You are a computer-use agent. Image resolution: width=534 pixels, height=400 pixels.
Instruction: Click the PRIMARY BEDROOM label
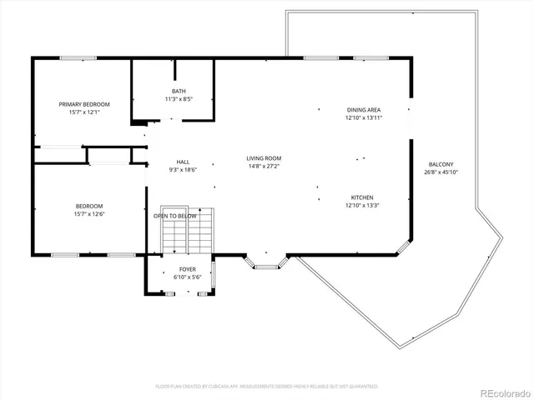(84, 104)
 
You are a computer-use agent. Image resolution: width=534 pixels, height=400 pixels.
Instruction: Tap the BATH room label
(179, 91)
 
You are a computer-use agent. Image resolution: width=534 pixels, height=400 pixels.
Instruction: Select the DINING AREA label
(363, 110)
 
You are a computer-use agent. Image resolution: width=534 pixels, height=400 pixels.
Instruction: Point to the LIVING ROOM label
(264, 158)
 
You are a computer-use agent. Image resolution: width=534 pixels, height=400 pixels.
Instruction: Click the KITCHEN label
(362, 197)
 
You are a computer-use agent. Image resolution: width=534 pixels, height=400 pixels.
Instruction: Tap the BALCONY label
(441, 164)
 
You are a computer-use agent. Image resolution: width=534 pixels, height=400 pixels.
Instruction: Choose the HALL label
(183, 162)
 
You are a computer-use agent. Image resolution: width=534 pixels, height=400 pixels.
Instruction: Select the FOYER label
(188, 269)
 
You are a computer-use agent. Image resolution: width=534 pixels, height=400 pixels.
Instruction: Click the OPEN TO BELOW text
(175, 216)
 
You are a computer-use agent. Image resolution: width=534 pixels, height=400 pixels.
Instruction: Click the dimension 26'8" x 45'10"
(441, 172)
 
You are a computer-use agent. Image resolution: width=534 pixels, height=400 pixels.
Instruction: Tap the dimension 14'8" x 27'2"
(264, 166)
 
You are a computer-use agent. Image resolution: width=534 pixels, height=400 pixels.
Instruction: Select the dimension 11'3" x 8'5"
(179, 98)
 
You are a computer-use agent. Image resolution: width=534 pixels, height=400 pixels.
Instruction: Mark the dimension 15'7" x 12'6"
(89, 214)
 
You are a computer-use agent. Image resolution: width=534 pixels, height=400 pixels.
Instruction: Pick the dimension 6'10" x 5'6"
(188, 277)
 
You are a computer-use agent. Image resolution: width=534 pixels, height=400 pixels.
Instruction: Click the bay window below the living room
(265, 263)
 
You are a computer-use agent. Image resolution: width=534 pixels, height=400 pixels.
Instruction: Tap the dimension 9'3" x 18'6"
(183, 169)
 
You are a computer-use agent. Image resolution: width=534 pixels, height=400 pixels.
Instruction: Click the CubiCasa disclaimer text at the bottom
(267, 386)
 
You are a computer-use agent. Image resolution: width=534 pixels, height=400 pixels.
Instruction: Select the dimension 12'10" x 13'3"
(362, 205)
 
